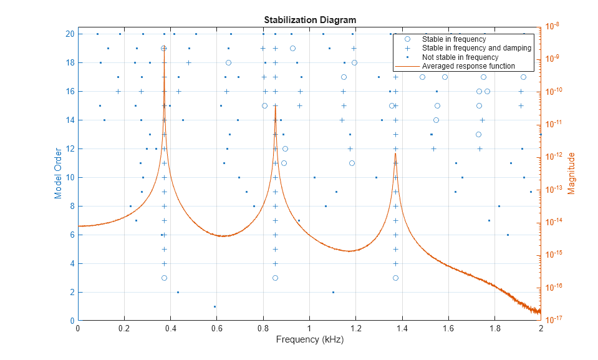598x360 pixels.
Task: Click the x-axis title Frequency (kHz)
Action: [x=310, y=340]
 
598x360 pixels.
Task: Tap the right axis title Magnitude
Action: [x=571, y=173]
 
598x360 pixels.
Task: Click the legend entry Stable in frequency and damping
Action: [x=476, y=48]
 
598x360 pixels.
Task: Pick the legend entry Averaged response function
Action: [x=468, y=66]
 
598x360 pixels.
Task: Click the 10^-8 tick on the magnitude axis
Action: [x=552, y=26]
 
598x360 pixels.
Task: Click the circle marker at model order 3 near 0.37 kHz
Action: [x=164, y=278]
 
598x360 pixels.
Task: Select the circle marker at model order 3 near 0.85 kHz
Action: [x=275, y=278]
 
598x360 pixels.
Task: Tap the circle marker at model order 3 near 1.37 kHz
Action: [x=395, y=278]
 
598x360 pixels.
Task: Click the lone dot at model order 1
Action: [x=215, y=306]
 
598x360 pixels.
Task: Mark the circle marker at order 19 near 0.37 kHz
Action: [x=164, y=48]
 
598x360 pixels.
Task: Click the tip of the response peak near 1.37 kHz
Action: [x=395, y=153]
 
